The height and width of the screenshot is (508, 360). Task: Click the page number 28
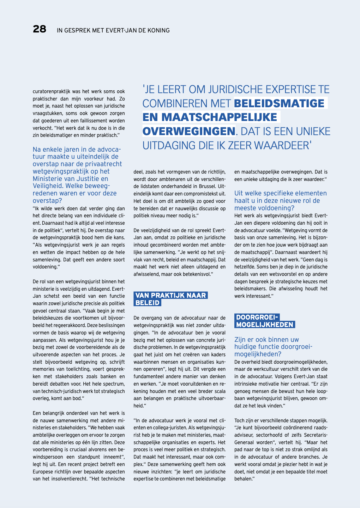coord(40,29)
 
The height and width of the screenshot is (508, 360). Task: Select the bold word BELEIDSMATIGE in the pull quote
coord(279,103)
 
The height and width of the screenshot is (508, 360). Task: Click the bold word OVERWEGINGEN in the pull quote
coord(189,131)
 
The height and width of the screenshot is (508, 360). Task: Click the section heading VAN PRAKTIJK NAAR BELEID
coord(171,299)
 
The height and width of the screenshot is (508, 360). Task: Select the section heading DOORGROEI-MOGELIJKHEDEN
coord(265,321)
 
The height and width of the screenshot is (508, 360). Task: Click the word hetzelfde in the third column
coord(246,267)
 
